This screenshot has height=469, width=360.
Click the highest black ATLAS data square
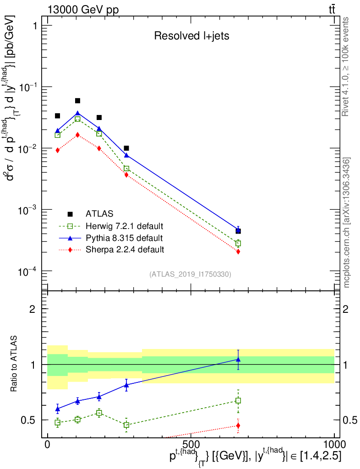77,101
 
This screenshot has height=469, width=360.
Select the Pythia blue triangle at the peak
77,113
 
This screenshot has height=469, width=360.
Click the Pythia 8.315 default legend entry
124,238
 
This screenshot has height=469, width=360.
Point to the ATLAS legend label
99,213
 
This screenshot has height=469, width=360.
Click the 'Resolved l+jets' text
191,36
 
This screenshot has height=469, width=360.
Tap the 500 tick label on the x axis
191,444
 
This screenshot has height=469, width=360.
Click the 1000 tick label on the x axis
334,444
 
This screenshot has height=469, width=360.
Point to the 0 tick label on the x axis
48,444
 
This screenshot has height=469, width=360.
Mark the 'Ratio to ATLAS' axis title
15,365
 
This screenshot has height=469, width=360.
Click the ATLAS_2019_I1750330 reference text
190,274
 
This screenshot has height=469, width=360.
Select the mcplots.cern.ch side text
347,222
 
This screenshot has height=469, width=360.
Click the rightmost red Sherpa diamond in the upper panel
238,251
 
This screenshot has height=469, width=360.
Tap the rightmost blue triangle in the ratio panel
238,360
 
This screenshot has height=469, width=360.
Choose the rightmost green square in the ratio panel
238,400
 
